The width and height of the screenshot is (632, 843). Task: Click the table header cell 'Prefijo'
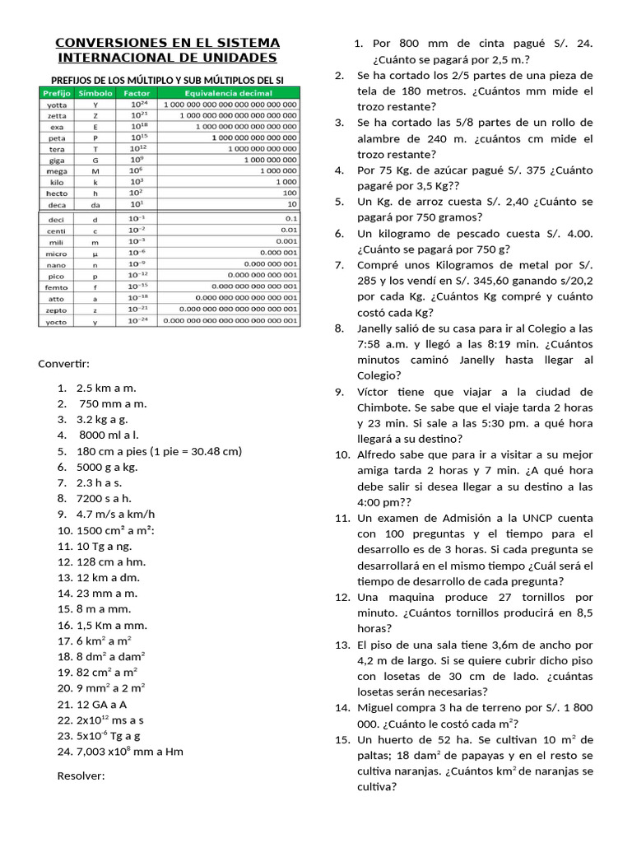[x=56, y=93]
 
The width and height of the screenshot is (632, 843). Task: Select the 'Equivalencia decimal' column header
[x=230, y=93]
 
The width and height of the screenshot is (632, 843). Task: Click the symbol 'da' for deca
[x=95, y=203]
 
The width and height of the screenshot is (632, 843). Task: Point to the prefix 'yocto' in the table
[x=56, y=322]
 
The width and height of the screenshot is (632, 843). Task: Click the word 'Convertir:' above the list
[x=64, y=364]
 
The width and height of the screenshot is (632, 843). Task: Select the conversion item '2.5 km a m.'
[x=106, y=388]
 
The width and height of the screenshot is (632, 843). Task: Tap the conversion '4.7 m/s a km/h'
[x=115, y=514]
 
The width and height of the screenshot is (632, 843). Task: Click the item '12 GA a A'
[x=101, y=704]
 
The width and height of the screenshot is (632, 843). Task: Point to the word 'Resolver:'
[x=81, y=775]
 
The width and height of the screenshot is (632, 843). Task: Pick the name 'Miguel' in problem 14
[x=377, y=708]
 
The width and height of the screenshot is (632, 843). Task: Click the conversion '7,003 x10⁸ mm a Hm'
[x=130, y=751]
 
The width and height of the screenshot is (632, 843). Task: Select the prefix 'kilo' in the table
[x=56, y=180]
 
